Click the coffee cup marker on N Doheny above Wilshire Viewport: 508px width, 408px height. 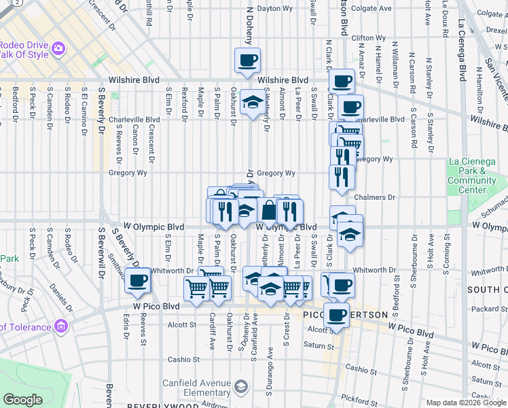click(247, 60)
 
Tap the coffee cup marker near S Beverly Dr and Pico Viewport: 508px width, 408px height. click(138, 279)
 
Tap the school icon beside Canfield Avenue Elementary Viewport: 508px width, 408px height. click(240, 388)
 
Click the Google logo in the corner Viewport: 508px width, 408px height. click(23, 400)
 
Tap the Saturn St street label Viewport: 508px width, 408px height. click(316, 345)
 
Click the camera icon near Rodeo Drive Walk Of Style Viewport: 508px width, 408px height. click(58, 48)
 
